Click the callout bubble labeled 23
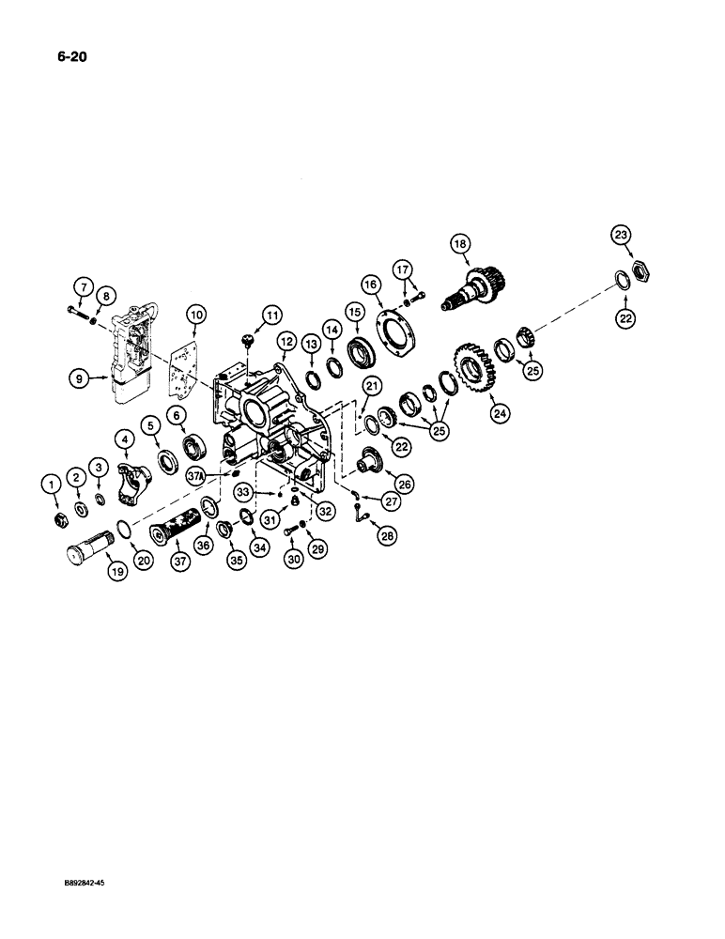click(x=623, y=236)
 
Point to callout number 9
click(x=76, y=379)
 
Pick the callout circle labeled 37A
click(x=223, y=475)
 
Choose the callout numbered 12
click(x=285, y=344)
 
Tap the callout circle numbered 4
click(x=123, y=437)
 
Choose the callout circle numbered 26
click(x=404, y=485)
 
